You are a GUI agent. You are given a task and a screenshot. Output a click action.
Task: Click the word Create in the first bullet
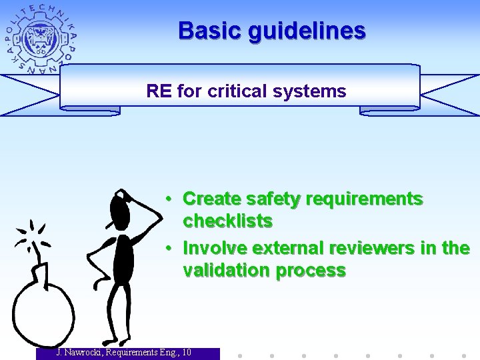[x=211, y=199]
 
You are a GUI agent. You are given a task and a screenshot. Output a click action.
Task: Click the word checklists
[x=227, y=221]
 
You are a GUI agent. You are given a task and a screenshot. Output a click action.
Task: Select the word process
[x=313, y=270]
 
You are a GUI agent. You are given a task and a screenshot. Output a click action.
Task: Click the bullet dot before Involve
[x=171, y=248]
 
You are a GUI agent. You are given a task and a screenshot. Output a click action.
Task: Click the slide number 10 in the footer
[x=186, y=352]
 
